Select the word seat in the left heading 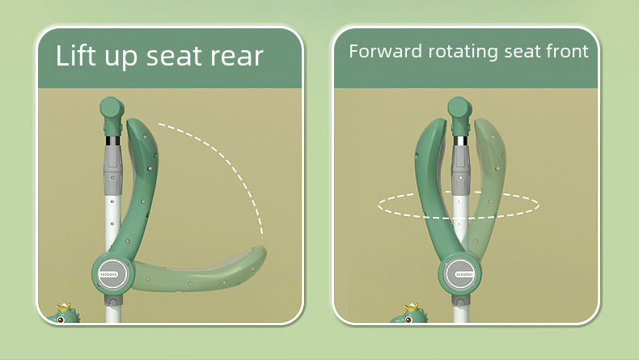[171, 56]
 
